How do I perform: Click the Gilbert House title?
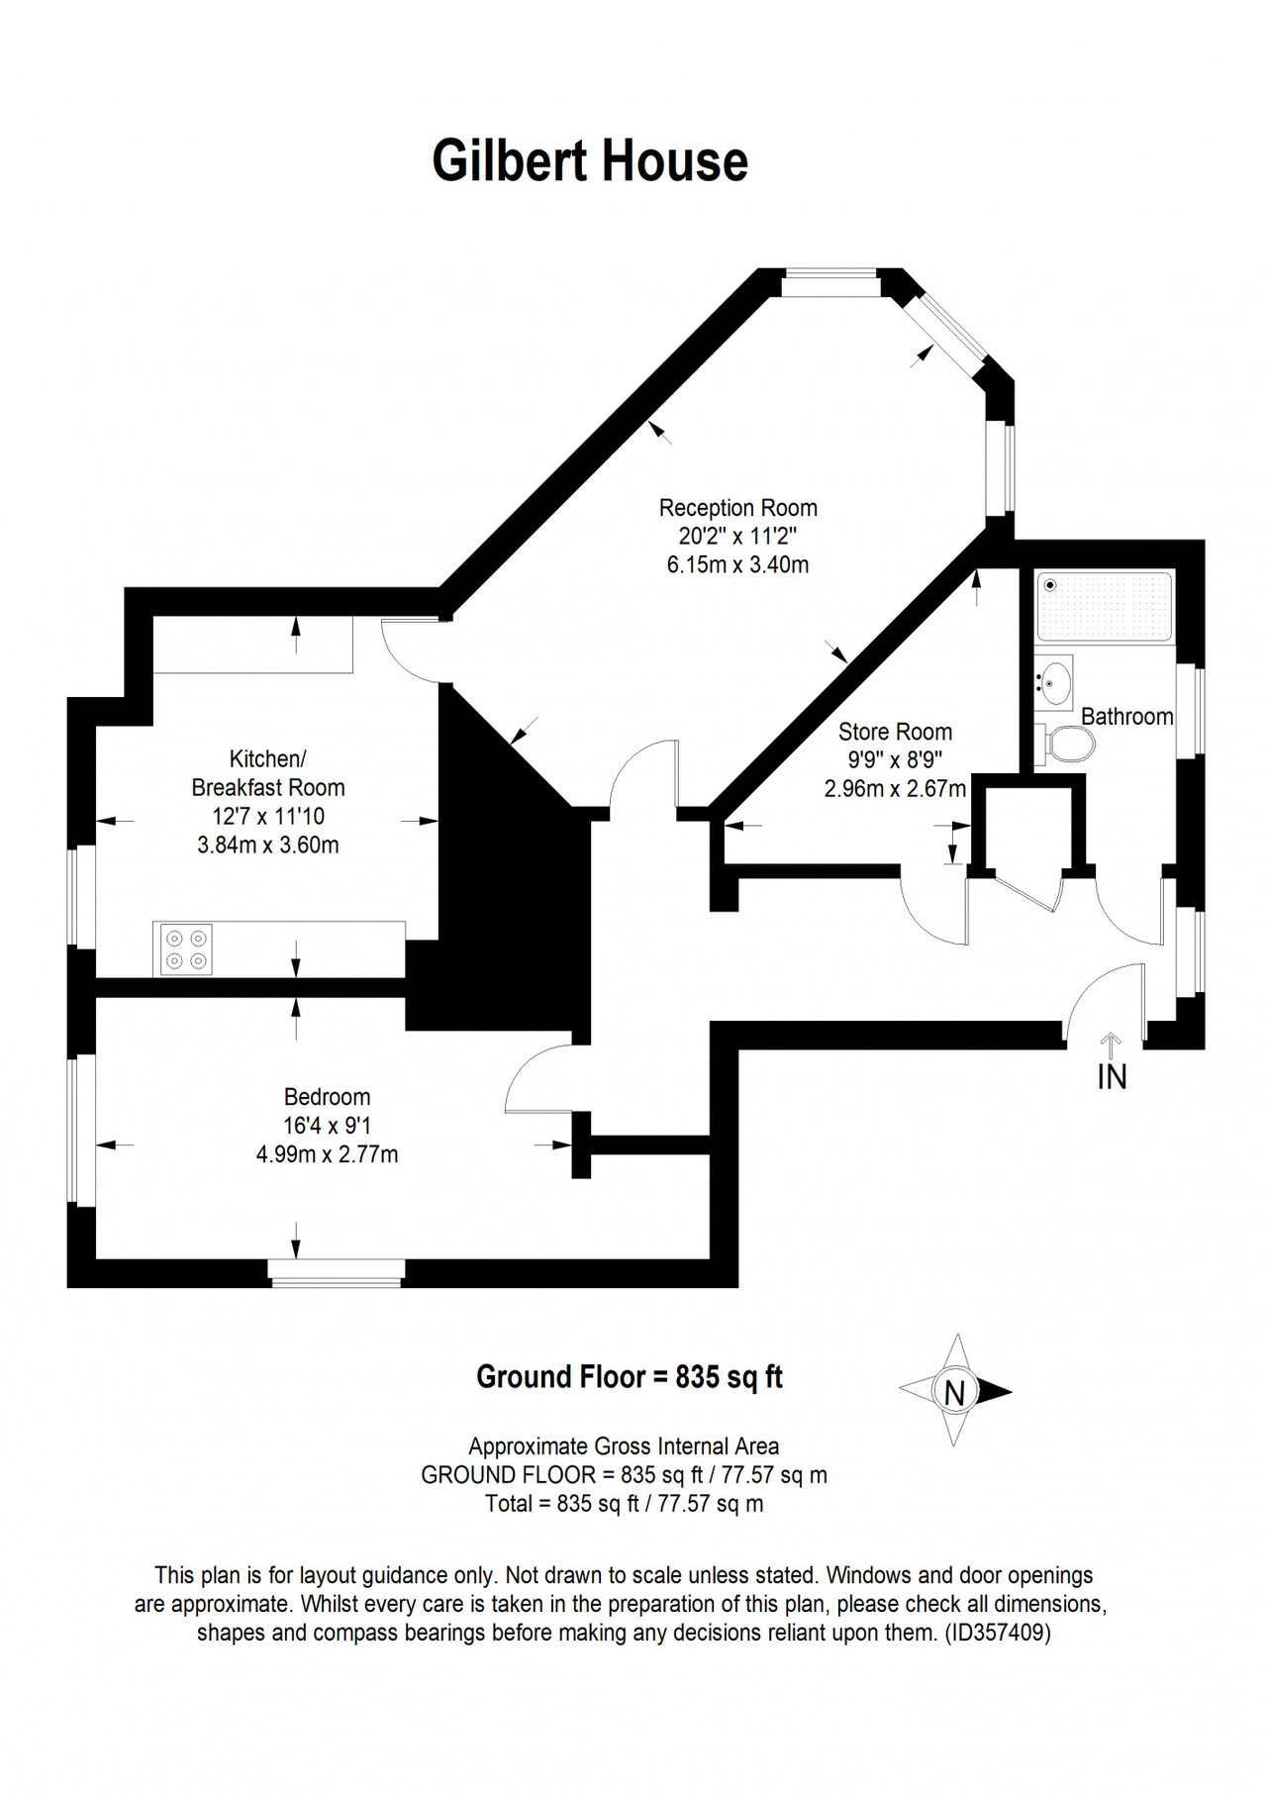(590, 161)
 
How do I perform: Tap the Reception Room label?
(738, 508)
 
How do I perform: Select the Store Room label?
(895, 732)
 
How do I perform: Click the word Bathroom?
(1126, 716)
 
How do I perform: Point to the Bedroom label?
(327, 1097)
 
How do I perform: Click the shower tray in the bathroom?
(1105, 604)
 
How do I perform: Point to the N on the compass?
(954, 1393)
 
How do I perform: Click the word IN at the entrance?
(1113, 1076)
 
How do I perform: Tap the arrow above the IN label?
(1112, 1046)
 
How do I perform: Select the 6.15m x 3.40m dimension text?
(738, 565)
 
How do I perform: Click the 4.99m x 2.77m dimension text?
(327, 1154)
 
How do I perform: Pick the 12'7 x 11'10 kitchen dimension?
(268, 817)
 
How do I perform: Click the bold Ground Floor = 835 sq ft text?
(630, 1376)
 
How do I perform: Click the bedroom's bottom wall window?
(338, 1273)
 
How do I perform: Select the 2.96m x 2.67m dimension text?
(895, 789)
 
